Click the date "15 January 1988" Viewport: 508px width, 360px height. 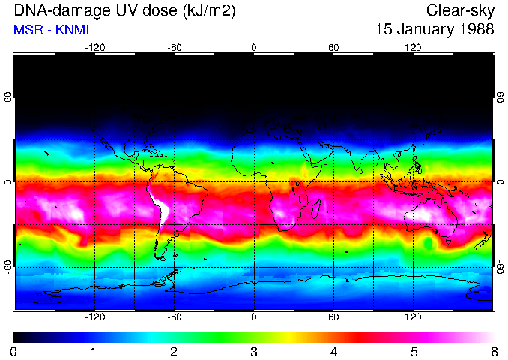[x=435, y=30]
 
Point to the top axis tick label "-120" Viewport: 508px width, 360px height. [x=94, y=48]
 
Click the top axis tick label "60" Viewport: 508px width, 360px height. [x=333, y=48]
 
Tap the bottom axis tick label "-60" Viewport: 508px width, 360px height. [x=175, y=317]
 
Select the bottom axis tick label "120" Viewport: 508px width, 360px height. [x=413, y=317]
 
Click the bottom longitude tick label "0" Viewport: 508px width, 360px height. [x=254, y=317]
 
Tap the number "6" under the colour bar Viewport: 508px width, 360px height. [x=493, y=352]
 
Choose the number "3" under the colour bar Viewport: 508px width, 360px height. [x=253, y=352]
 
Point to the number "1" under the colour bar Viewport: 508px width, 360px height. [x=93, y=352]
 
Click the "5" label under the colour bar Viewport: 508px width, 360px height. [x=414, y=352]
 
